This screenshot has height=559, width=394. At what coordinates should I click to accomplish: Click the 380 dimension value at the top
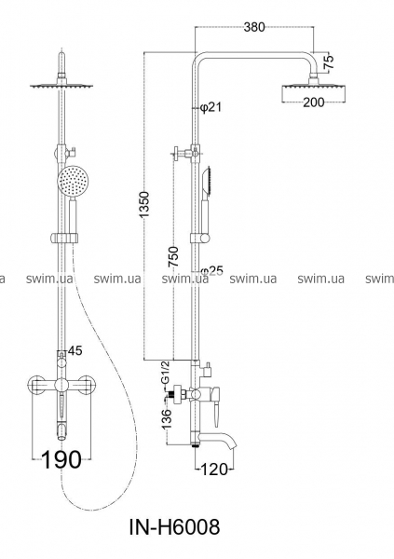tap(254, 27)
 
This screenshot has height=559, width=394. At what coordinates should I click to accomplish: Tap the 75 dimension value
tap(329, 62)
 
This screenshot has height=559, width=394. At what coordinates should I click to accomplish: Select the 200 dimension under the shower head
tap(314, 102)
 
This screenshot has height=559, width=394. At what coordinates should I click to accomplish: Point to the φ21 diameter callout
tap(211, 106)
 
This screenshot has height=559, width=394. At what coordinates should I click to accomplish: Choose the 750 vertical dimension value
tap(173, 256)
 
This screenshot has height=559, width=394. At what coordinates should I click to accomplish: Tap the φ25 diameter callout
tap(211, 271)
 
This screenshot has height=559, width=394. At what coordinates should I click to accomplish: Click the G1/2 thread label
tap(165, 373)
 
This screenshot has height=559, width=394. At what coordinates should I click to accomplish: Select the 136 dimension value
tap(166, 418)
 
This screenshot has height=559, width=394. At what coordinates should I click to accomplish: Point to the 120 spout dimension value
tap(214, 470)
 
